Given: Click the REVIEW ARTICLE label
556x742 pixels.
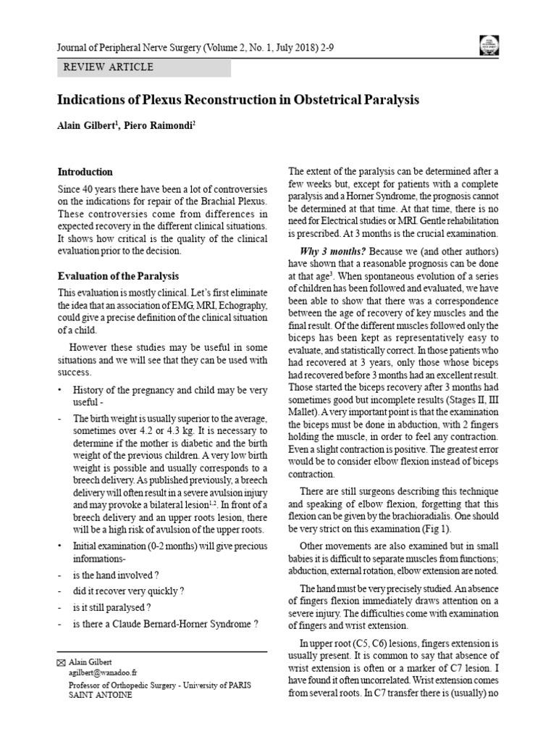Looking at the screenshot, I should [109, 67].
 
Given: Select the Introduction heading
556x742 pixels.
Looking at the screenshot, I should [85, 172].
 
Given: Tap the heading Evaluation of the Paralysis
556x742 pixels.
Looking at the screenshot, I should [119, 276].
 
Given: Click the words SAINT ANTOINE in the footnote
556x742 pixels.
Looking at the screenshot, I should [100, 694].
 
